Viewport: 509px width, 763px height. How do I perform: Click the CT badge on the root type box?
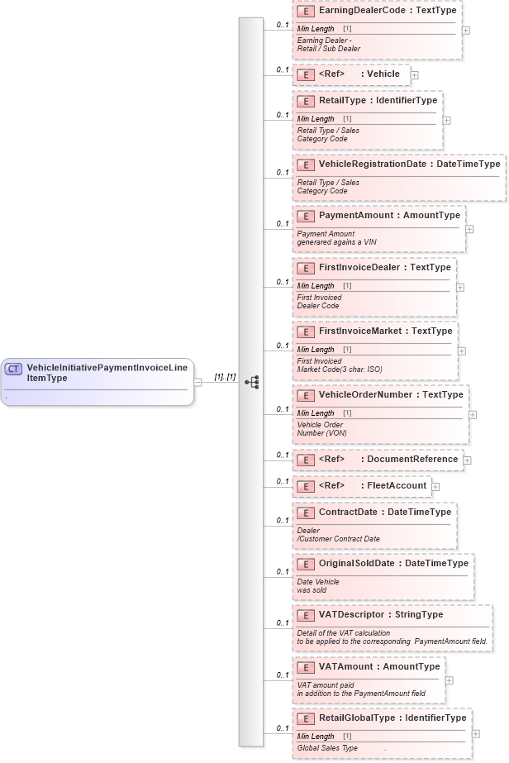click(14, 369)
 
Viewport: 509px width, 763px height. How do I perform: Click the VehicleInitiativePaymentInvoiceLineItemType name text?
click(107, 373)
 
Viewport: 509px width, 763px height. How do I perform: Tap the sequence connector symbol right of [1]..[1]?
click(252, 382)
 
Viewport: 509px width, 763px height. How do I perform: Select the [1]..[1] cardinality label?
click(225, 377)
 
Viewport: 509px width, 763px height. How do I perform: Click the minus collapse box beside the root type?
click(198, 382)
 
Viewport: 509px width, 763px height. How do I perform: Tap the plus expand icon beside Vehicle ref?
click(415, 74)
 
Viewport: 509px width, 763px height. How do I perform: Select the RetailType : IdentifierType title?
click(378, 101)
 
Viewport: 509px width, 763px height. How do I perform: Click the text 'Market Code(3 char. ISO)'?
click(340, 369)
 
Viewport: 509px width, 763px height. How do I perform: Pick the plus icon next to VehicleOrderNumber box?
click(473, 415)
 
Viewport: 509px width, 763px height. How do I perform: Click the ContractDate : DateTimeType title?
click(385, 512)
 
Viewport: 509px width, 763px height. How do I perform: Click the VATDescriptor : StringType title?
click(381, 614)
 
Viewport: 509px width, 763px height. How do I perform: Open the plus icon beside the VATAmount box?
click(450, 680)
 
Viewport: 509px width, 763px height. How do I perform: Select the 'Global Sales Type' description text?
click(327, 747)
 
